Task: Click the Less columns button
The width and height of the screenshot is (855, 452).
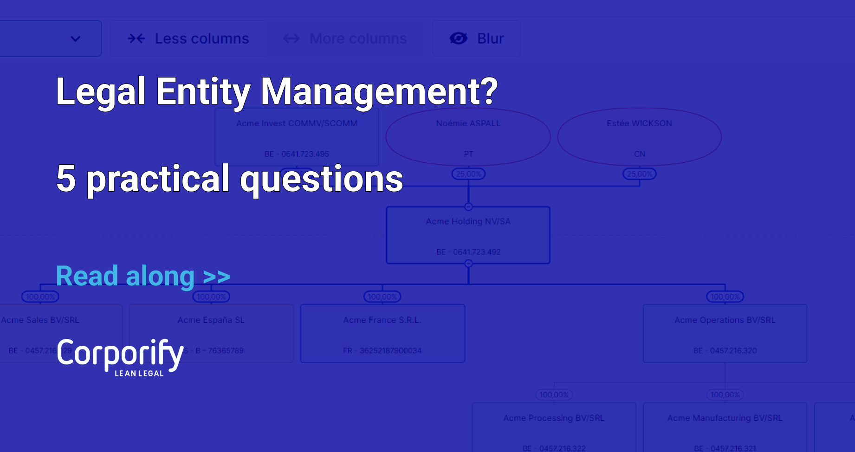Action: tap(188, 39)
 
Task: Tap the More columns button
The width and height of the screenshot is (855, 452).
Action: tap(345, 39)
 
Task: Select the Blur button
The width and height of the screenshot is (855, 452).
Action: tap(476, 39)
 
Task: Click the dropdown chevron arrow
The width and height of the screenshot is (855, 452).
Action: tap(75, 39)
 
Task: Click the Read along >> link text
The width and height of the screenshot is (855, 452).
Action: tap(142, 276)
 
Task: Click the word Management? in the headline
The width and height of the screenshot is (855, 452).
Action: tap(379, 91)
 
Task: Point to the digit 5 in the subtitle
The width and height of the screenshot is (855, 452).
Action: tap(66, 179)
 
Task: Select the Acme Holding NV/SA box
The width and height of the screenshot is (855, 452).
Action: tap(468, 236)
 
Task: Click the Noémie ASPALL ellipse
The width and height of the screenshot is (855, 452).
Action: tap(468, 137)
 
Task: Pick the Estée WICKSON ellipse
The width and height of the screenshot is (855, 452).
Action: tap(639, 137)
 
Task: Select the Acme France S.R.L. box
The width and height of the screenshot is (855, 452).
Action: tap(382, 334)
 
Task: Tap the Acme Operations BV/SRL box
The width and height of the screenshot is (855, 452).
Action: tap(725, 334)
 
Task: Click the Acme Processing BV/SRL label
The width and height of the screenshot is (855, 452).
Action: tap(554, 418)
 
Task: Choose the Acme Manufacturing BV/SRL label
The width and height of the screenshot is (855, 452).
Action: tap(725, 418)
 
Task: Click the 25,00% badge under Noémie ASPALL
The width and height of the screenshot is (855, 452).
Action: tap(468, 174)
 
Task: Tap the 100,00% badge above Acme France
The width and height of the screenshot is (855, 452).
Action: tap(382, 297)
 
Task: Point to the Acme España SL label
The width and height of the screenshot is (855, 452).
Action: tap(211, 320)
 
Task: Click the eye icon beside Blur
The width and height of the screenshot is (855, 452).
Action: tap(459, 39)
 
